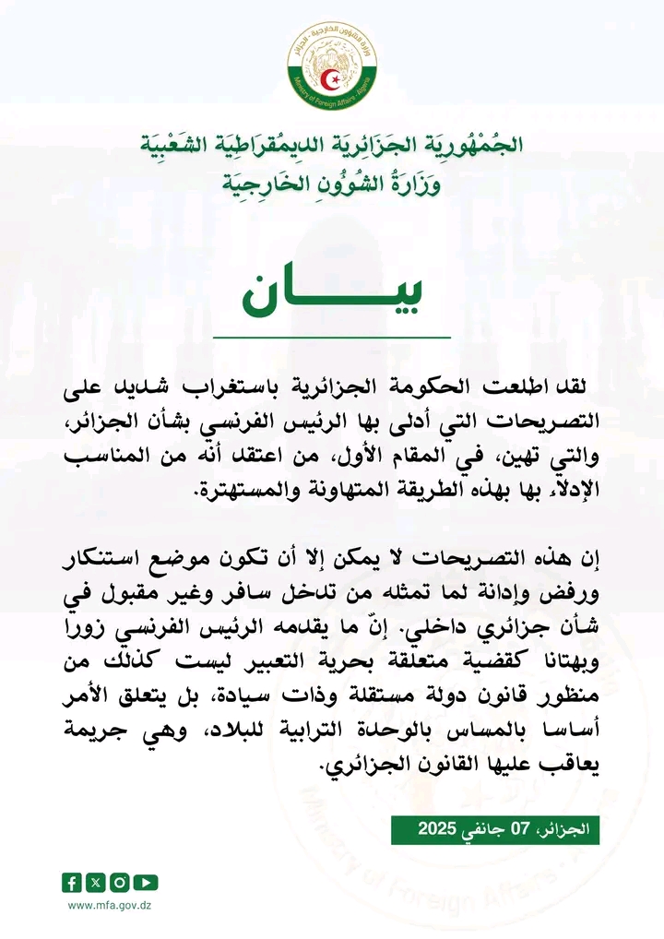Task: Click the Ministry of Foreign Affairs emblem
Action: click(331, 65)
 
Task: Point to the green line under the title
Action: click(332, 339)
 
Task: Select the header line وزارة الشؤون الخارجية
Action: click(332, 182)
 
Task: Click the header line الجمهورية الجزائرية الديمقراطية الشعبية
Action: click(332, 146)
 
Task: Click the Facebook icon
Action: click(73, 883)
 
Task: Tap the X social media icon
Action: click(97, 883)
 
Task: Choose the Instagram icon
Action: click(121, 883)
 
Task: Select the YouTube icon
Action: click(146, 883)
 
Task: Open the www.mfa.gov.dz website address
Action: click(110, 906)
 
